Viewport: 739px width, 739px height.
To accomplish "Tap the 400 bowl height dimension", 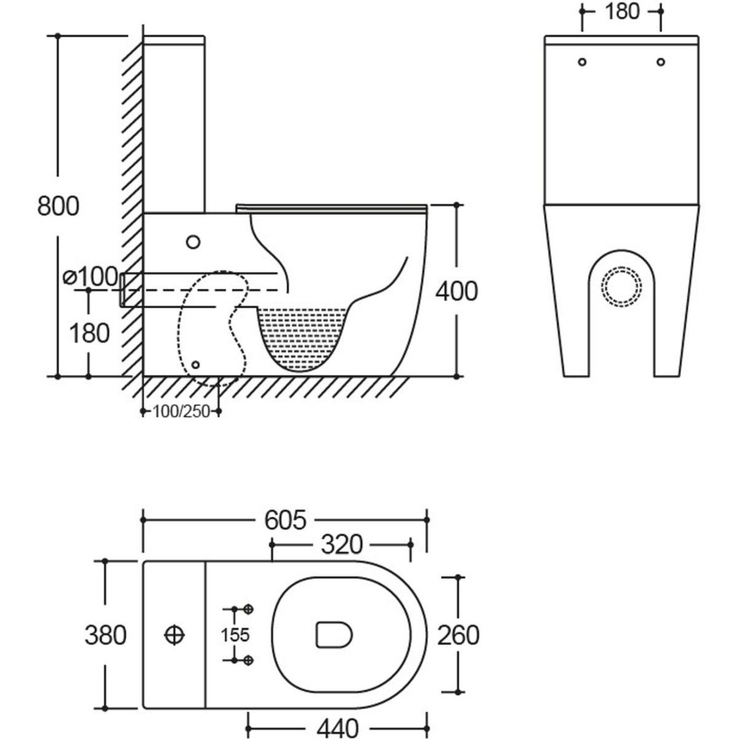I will tap(456, 291).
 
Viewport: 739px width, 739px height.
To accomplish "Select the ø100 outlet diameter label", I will tap(91, 277).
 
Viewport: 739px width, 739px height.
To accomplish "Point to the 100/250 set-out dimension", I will tap(181, 411).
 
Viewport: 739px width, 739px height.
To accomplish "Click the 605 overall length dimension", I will tap(285, 520).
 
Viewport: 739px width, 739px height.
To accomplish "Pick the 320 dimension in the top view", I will tap(341, 544).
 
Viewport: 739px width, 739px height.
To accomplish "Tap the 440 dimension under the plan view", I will tap(337, 729).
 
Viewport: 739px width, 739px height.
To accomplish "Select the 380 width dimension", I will tap(105, 635).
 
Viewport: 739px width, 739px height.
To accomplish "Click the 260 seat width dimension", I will tap(458, 635).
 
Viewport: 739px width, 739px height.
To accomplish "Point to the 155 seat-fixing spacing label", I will tap(236, 634).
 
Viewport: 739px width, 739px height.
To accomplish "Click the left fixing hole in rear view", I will tap(583, 62).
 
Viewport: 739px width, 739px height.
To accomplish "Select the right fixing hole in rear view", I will tap(661, 62).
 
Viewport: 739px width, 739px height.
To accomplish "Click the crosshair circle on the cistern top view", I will tap(174, 634).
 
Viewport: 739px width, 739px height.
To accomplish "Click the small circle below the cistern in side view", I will tap(193, 242).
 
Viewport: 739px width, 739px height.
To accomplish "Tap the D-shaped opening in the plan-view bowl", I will tap(333, 634).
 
